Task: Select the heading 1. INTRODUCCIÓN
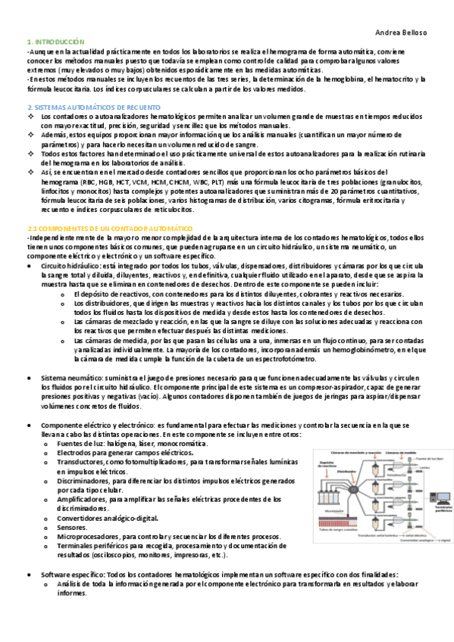tap(55, 41)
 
